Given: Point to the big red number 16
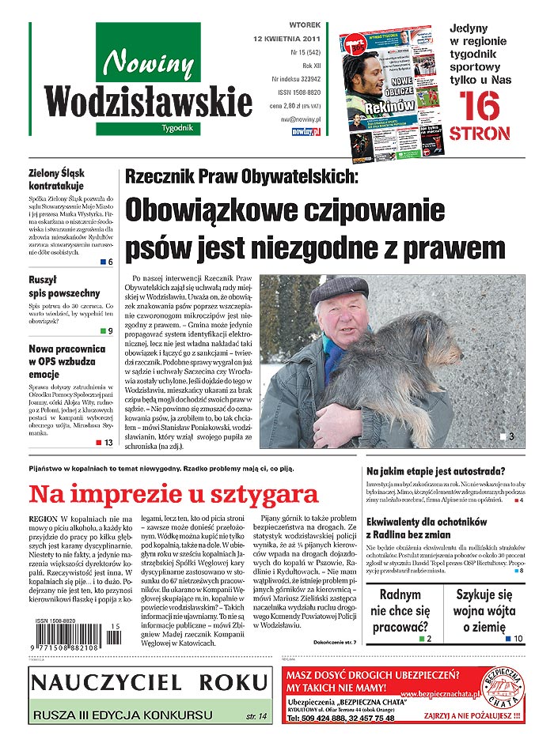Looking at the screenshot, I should pyautogui.click(x=480, y=107).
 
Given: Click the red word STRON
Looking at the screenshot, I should pyautogui.click(x=480, y=134).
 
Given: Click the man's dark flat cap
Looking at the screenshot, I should pyautogui.click(x=340, y=290).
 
